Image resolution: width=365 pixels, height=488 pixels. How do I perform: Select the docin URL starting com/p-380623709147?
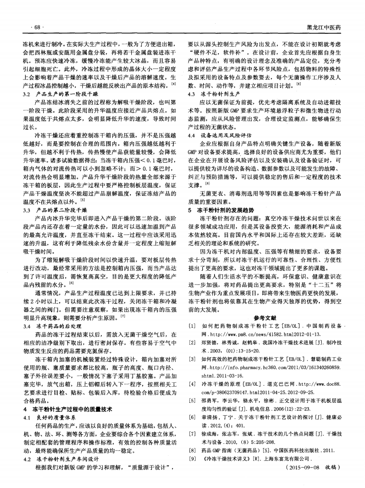click(243, 392)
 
